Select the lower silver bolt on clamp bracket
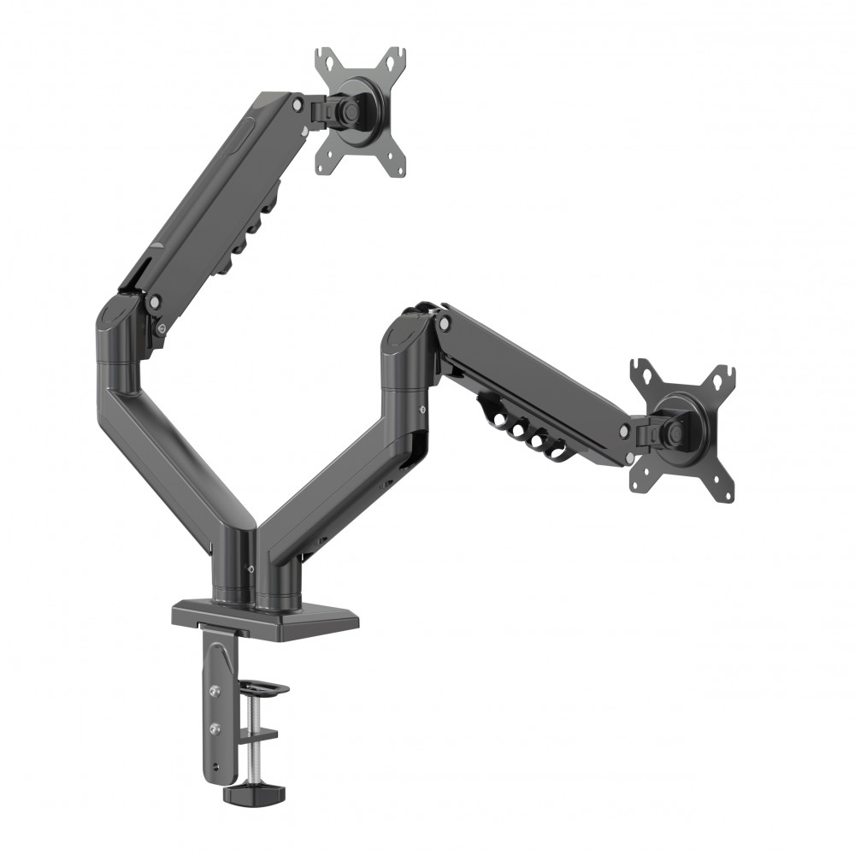215,729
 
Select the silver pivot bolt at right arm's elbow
444,322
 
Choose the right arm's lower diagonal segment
342,487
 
